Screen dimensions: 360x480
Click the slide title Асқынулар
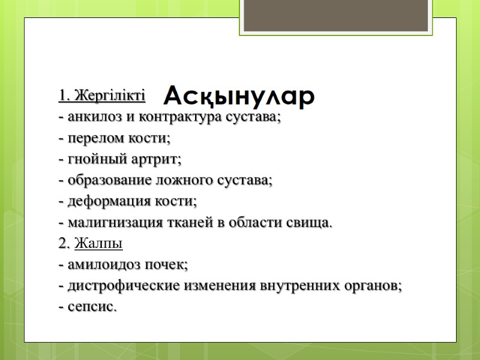tap(239, 96)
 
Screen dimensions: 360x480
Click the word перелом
tap(91, 139)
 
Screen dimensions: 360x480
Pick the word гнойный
tap(91, 160)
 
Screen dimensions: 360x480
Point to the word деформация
tap(98, 202)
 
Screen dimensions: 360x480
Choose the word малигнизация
tap(106, 223)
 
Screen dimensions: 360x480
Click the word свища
tap(311, 223)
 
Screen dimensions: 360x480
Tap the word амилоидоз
tap(98, 265)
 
